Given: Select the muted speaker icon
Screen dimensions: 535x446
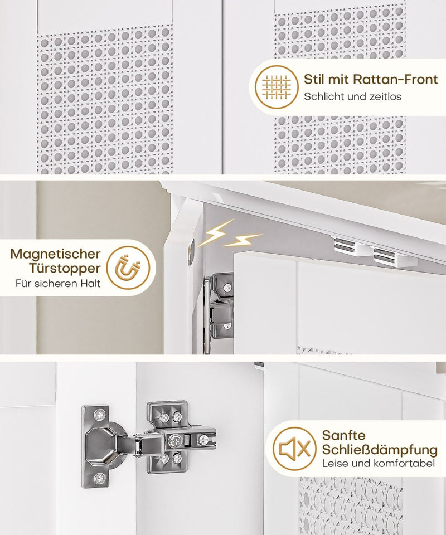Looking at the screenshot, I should (295, 449).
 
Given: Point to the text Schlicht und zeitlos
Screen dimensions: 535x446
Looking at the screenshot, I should (352, 96).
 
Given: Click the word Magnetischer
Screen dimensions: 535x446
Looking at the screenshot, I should (55, 254).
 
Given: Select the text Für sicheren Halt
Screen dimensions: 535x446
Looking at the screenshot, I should (58, 284).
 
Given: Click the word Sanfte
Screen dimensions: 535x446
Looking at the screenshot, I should (344, 435).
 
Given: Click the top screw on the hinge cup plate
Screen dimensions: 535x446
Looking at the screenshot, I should (99, 415).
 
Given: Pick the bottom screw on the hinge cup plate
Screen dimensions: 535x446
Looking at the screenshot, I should (99, 478).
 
